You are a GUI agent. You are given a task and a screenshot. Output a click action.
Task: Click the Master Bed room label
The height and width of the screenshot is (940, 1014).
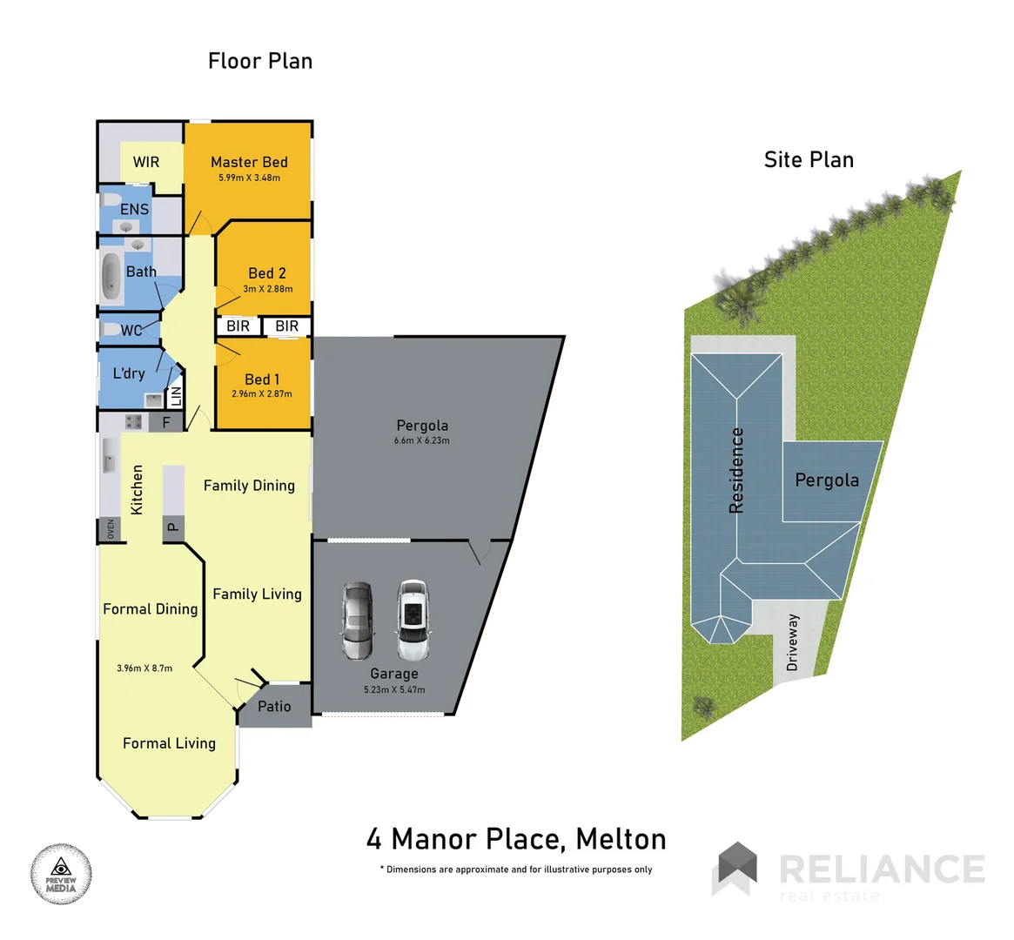[249, 162]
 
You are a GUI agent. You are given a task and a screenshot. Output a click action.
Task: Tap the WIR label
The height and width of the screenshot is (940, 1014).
[146, 162]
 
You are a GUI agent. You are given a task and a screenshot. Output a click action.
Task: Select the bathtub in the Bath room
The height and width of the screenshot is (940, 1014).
[111, 276]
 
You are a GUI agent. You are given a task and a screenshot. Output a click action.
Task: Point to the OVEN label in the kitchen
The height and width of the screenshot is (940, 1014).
[111, 529]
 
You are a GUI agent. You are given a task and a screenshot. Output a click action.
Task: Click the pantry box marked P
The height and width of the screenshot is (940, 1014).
[172, 526]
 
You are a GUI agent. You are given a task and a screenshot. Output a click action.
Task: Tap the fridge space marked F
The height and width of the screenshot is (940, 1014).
[166, 423]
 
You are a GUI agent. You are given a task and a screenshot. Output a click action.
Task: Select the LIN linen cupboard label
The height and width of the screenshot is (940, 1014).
[175, 396]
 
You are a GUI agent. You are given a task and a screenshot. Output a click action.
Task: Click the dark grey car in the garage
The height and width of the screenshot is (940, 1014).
[357, 621]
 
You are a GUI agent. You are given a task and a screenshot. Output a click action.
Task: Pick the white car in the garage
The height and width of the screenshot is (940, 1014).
[413, 621]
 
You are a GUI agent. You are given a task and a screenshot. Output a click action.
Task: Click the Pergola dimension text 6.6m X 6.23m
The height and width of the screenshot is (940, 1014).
[422, 440]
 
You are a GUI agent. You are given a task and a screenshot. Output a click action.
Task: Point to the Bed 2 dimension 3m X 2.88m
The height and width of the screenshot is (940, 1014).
[267, 289]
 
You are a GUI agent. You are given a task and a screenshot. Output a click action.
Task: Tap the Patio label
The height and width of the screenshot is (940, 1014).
[274, 707]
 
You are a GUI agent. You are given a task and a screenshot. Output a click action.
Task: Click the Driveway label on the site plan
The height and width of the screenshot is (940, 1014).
[792, 642]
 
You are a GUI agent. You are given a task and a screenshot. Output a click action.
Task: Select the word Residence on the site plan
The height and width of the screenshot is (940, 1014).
[736, 470]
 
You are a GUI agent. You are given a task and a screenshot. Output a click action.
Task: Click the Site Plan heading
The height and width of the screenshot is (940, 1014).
[809, 160]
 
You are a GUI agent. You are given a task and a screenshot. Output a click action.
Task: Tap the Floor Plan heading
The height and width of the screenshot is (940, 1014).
[260, 61]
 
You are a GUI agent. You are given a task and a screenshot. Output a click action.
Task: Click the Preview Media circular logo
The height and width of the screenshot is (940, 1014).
[61, 874]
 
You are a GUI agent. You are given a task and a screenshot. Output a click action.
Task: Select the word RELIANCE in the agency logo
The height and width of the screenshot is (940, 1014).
[881, 869]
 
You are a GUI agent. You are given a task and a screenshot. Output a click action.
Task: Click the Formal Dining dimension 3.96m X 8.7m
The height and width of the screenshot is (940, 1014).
[144, 668]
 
